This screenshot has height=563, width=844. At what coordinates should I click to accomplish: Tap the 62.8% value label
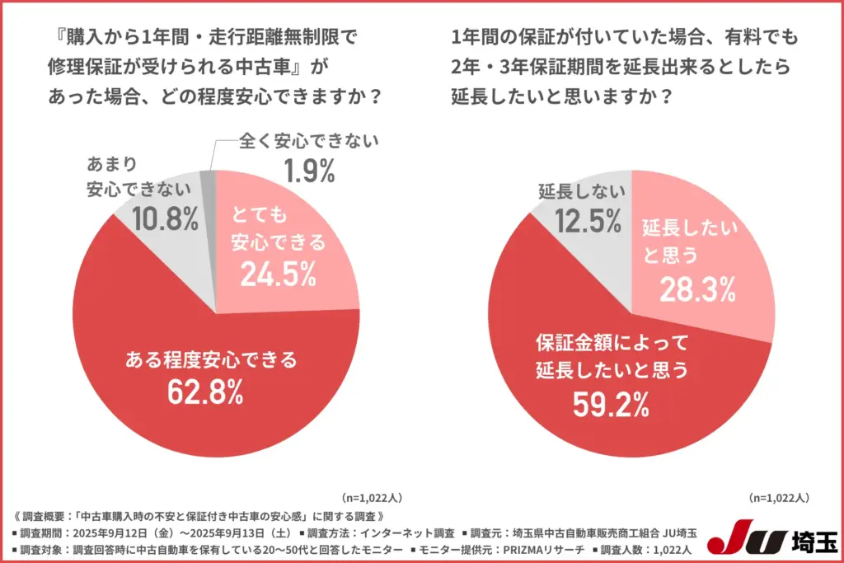(x=205, y=392)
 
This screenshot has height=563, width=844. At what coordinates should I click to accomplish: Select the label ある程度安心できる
(x=210, y=359)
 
